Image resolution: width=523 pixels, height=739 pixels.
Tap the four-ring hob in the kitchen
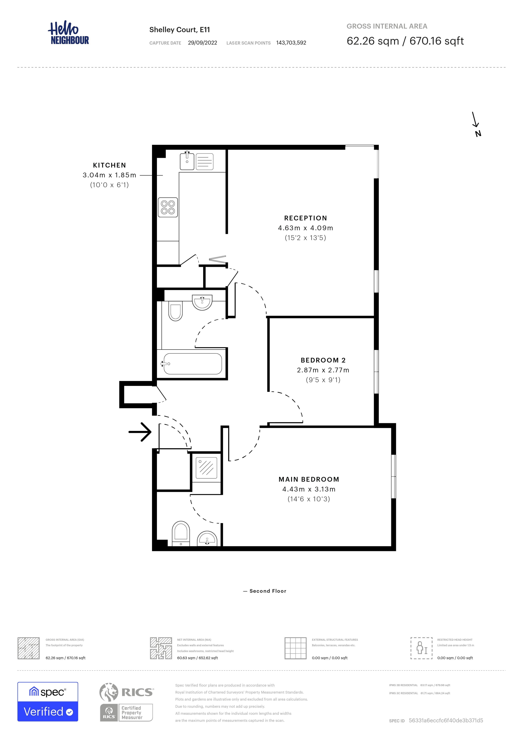[x=168, y=207]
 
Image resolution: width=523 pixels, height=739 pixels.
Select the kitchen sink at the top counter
[x=187, y=161]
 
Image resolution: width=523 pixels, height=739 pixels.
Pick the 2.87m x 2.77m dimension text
[x=323, y=370]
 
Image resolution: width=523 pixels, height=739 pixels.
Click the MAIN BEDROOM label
[x=308, y=479]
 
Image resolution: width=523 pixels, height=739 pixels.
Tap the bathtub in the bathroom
[x=192, y=364]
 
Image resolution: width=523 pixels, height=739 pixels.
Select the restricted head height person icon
[x=421, y=648]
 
